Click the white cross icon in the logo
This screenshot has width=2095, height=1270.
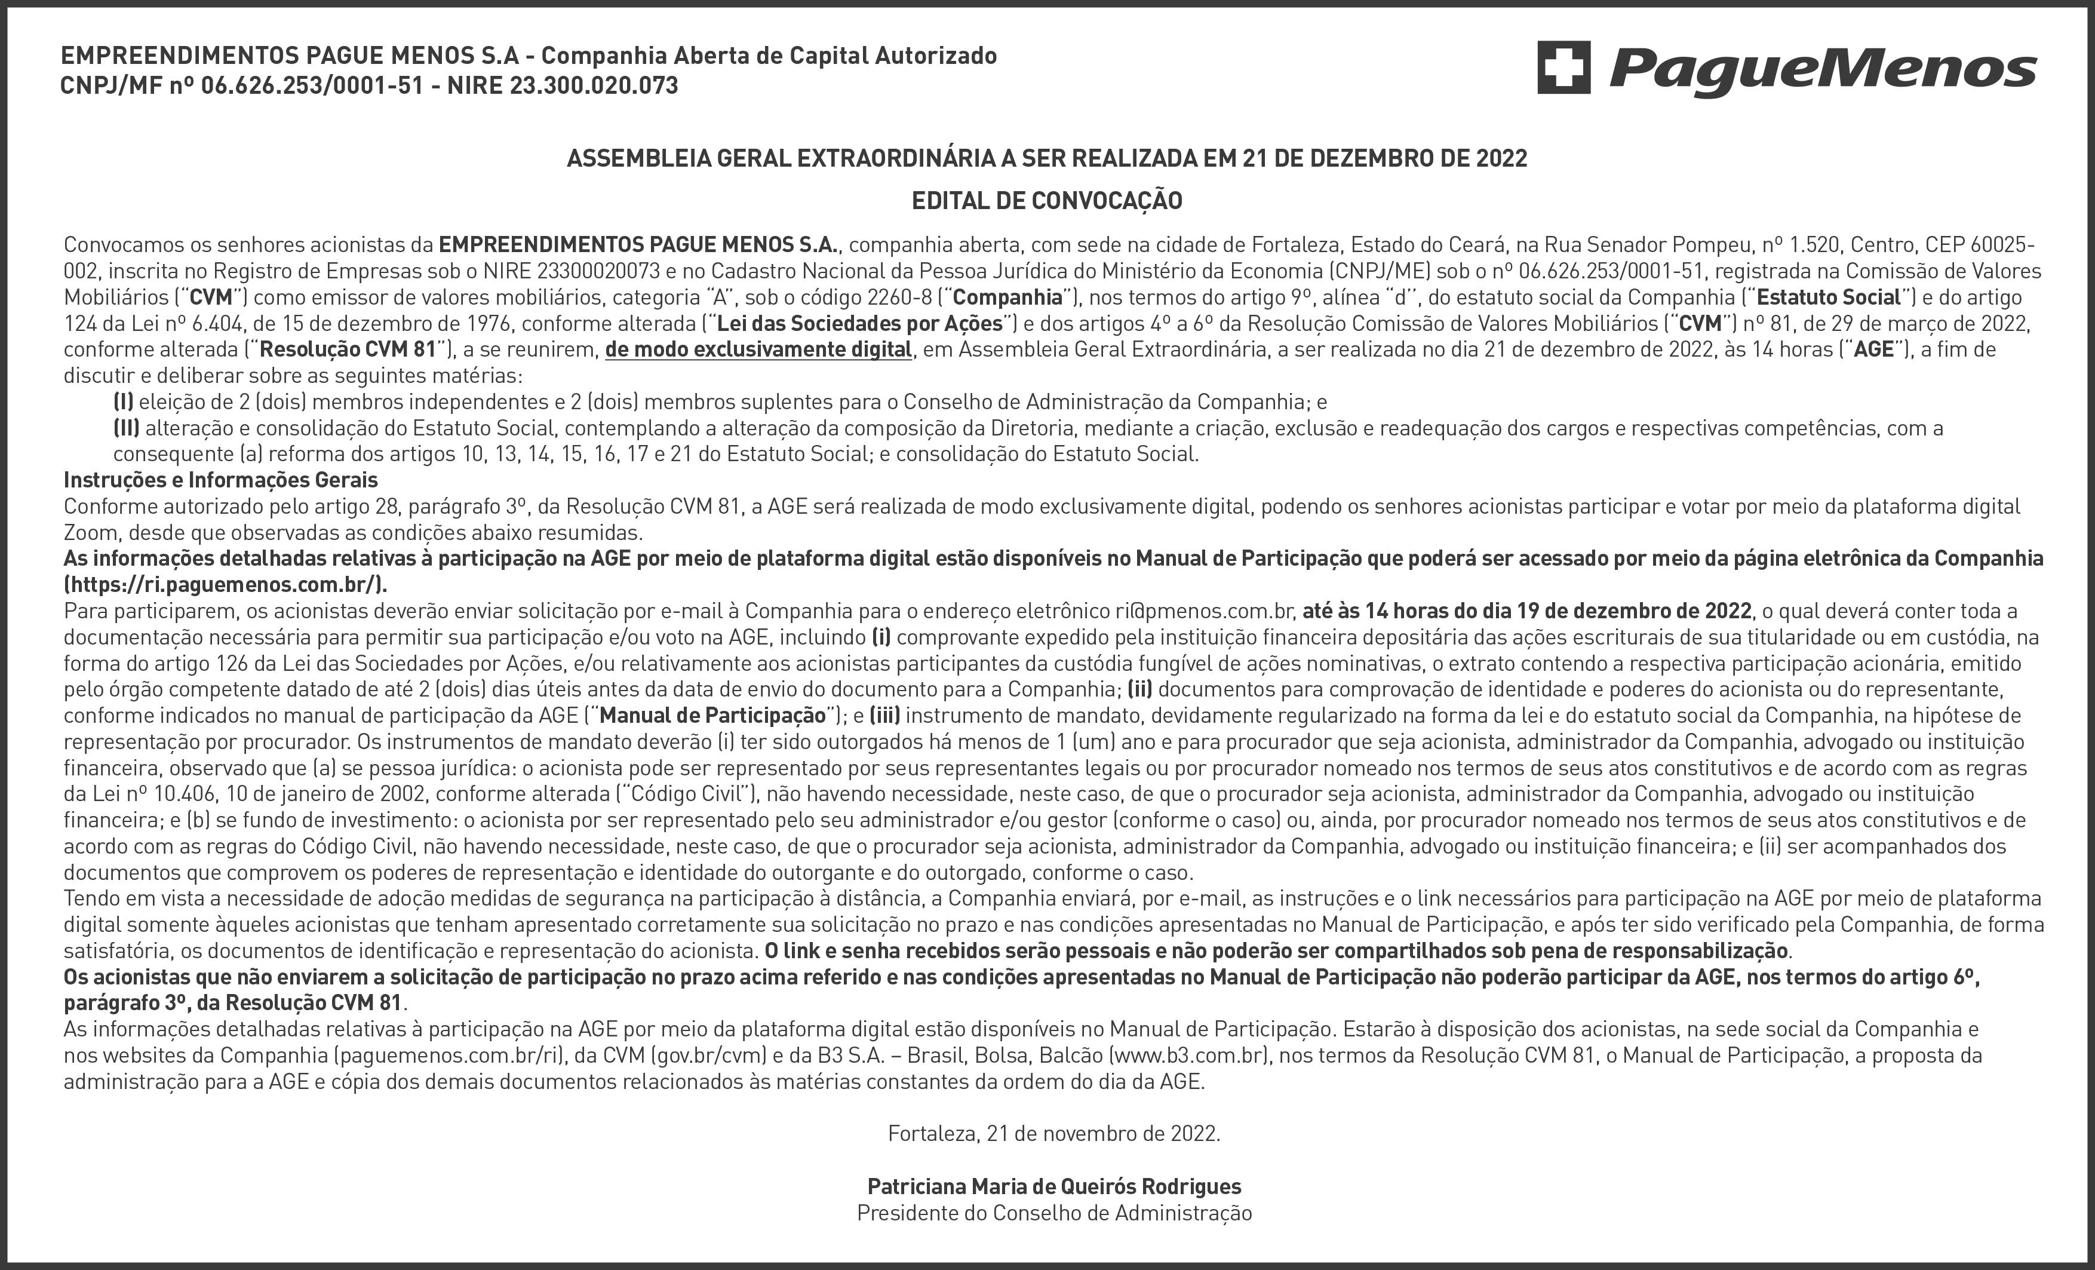pyautogui.click(x=1563, y=67)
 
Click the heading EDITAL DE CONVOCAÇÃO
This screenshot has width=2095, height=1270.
pyautogui.click(x=1047, y=201)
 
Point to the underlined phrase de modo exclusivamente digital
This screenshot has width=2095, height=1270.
pyautogui.click(x=758, y=349)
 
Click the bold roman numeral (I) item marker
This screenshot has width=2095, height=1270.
pyautogui.click(x=123, y=401)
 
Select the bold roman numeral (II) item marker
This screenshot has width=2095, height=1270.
pyautogui.click(x=126, y=428)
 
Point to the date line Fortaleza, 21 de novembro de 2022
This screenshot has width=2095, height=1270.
pyautogui.click(x=1053, y=1134)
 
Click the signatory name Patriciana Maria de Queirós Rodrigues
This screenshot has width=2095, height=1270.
pyautogui.click(x=1053, y=1186)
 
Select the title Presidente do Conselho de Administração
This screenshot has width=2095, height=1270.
pyautogui.click(x=1053, y=1213)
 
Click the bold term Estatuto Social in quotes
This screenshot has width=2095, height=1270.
pyautogui.click(x=1828, y=297)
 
